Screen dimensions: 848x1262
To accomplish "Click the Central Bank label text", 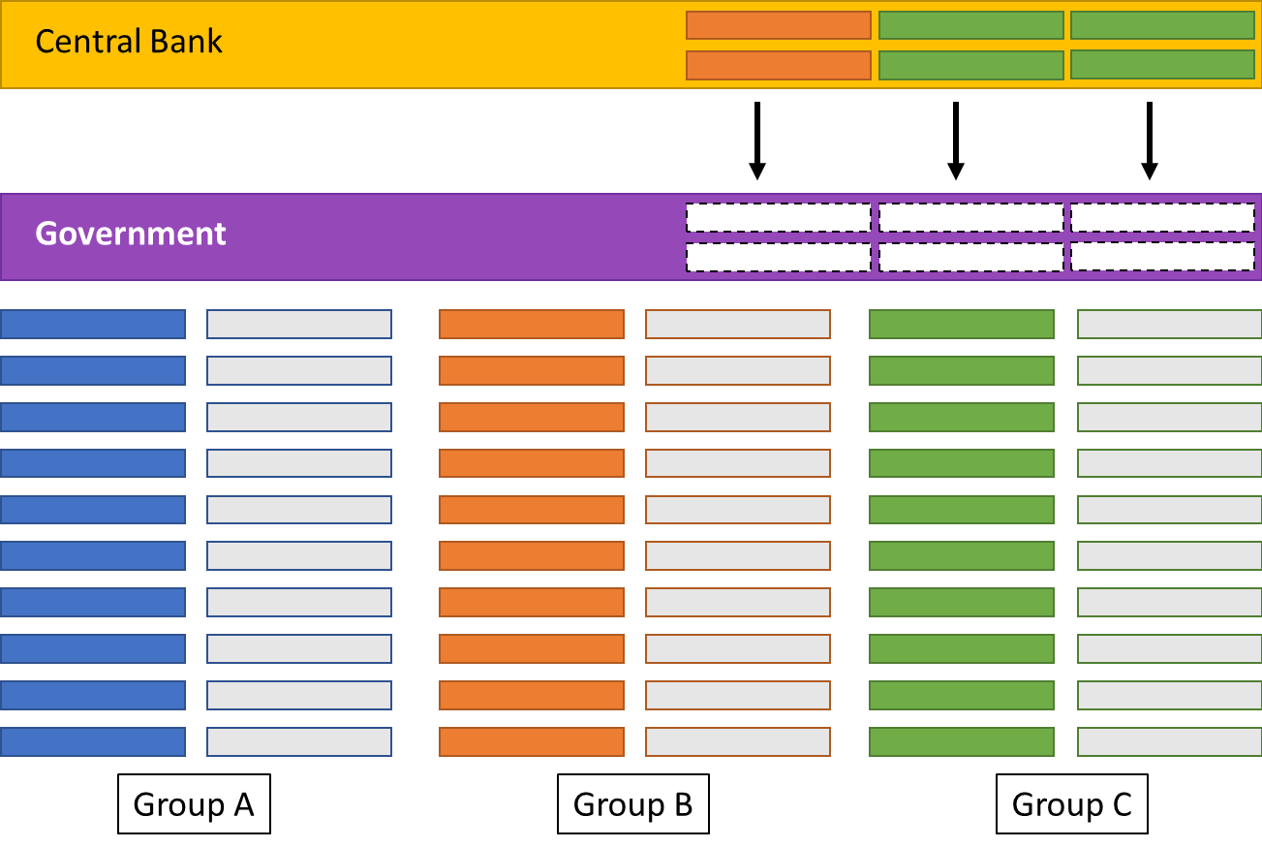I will [129, 42].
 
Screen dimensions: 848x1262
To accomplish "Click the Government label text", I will [131, 234].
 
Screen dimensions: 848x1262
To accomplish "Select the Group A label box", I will [194, 803].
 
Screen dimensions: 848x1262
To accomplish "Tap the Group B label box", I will [632, 803].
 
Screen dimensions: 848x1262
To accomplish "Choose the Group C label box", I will [1071, 803].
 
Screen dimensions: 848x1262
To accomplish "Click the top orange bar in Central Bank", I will [778, 25].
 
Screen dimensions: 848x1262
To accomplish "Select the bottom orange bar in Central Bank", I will [778, 65].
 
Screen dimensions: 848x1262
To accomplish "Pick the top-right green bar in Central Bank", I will [1161, 25].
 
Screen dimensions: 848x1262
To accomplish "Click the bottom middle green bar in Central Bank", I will [970, 65].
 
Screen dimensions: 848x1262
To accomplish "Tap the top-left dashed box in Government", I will [778, 217].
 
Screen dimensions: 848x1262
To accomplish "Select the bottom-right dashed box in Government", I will [1161, 257].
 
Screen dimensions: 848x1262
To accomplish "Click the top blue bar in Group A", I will [93, 324].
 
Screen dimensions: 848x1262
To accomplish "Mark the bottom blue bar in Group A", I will [93, 741].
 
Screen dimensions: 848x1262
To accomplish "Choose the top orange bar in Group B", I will [531, 324].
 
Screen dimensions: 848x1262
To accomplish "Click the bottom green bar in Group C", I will [961, 741].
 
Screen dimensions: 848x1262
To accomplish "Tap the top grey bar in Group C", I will [1169, 324].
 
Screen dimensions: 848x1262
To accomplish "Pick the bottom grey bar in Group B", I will [737, 741].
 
